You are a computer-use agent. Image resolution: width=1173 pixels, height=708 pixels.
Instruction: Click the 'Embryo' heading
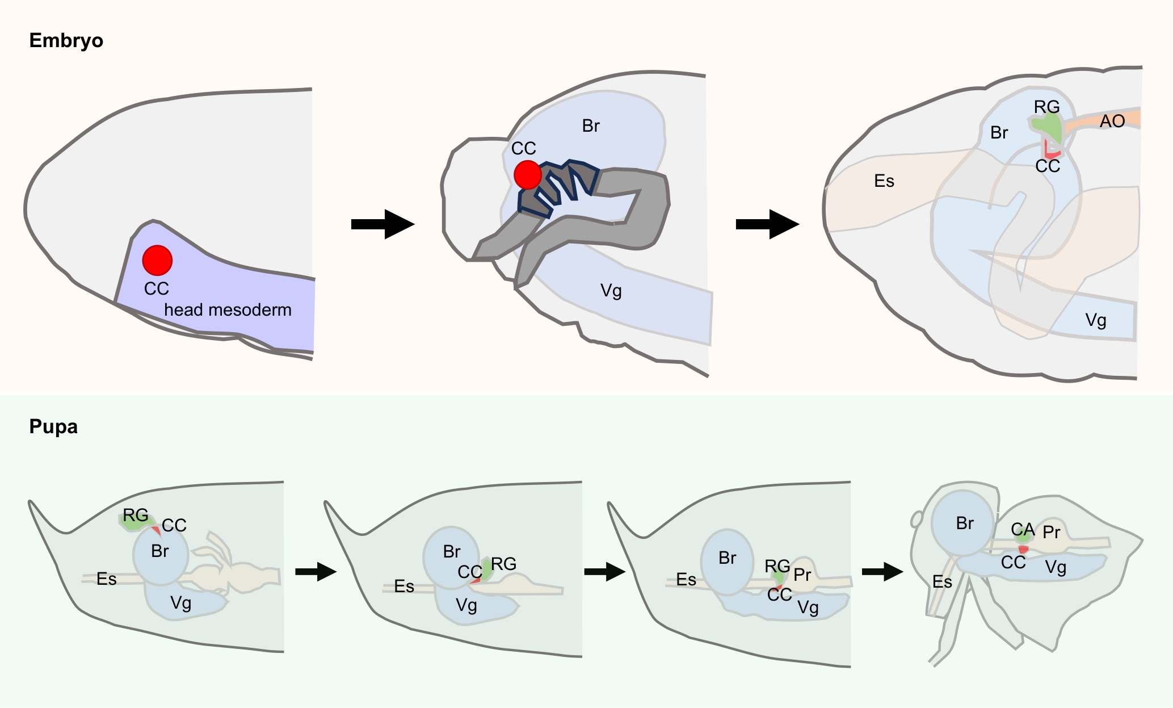(66, 41)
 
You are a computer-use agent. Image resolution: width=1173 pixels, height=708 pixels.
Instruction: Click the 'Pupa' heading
(53, 426)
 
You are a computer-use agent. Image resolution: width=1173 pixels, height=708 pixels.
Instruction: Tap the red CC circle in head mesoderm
(157, 260)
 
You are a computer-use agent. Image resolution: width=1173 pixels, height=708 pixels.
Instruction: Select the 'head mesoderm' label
(228, 310)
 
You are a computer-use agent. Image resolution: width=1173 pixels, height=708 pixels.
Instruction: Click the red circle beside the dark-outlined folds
(528, 174)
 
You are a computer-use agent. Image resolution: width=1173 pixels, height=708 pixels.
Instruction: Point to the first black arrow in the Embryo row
(382, 224)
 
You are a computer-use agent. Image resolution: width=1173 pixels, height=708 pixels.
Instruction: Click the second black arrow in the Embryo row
(767, 224)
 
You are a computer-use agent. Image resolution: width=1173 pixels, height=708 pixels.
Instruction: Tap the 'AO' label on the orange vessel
(1112, 122)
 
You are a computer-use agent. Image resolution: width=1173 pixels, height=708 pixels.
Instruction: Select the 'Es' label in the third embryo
(884, 181)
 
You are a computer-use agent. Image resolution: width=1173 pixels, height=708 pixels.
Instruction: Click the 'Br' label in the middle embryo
(591, 126)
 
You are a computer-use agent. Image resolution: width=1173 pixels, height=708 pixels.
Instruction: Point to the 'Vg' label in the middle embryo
(611, 291)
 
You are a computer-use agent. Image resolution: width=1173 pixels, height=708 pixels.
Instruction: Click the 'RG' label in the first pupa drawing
(136, 516)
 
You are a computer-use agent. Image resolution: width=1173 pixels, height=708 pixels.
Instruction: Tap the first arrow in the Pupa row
(316, 571)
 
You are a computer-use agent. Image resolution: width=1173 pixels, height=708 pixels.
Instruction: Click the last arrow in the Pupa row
(882, 571)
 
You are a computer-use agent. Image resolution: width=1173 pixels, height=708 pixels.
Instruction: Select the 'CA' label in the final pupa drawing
(1023, 530)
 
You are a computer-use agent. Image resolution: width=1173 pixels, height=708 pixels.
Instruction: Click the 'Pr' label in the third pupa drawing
(802, 575)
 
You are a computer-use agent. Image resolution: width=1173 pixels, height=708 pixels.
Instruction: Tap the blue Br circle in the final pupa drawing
(962, 523)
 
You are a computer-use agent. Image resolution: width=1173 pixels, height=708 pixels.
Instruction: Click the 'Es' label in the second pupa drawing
(404, 586)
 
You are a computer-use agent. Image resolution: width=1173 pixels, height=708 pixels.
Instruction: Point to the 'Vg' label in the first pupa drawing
(180, 603)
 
